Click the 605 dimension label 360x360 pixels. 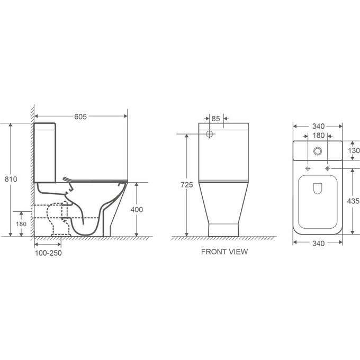coord(80,116)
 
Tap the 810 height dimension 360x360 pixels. coord(11,179)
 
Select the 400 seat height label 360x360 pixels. coord(137,210)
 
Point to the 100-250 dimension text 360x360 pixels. coord(48,253)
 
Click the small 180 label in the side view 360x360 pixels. coord(21,224)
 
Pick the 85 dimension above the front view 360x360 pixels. coord(215,119)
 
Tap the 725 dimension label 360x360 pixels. coord(187,185)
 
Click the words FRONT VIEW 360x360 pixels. coord(224,251)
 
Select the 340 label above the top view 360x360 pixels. coord(319,127)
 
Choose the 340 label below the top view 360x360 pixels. coord(319,244)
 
